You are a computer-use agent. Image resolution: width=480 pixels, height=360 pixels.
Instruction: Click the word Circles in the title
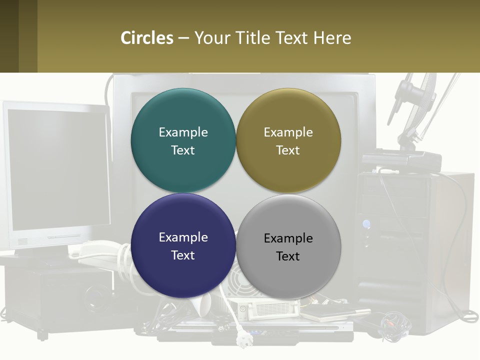tap(146, 38)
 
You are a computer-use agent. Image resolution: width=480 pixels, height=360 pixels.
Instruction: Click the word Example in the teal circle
tap(183, 132)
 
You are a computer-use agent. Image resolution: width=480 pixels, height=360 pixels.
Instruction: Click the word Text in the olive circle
tap(288, 150)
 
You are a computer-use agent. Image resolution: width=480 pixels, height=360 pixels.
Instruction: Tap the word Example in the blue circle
tap(183, 237)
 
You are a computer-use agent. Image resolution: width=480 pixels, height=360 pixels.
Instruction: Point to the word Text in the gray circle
tap(288, 256)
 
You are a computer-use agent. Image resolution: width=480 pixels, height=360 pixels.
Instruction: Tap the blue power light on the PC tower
tap(366, 224)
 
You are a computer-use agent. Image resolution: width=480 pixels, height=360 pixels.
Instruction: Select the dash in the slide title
tap(183, 38)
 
